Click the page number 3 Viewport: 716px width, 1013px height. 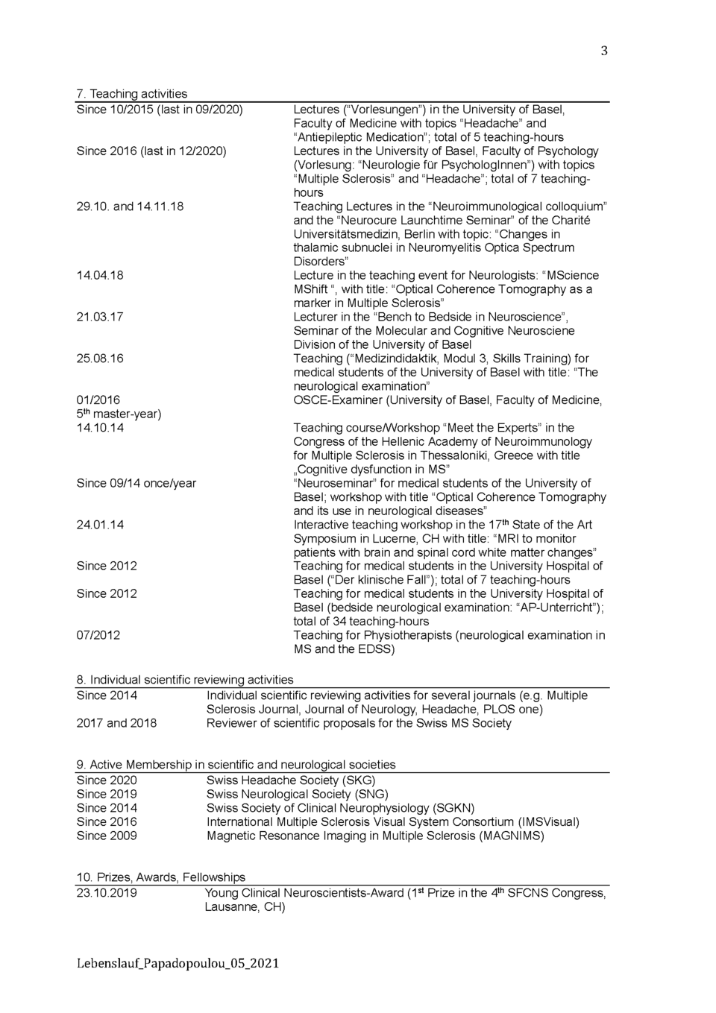pyautogui.click(x=603, y=51)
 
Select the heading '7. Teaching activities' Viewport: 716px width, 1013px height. pyautogui.click(x=131, y=94)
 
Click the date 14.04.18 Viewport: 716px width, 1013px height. pyautogui.click(x=100, y=275)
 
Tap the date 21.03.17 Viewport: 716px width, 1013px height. pyautogui.click(x=100, y=317)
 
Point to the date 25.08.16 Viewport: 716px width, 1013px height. pyautogui.click(x=100, y=359)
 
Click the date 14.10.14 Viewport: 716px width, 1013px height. pyautogui.click(x=100, y=428)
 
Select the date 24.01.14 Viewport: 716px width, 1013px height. pyautogui.click(x=100, y=525)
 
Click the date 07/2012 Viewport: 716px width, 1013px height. pyautogui.click(x=98, y=635)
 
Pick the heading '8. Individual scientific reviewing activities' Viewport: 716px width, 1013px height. pyautogui.click(x=184, y=680)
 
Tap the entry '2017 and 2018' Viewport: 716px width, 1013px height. pyautogui.click(x=116, y=723)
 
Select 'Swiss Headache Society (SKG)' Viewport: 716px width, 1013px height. pyautogui.click(x=291, y=780)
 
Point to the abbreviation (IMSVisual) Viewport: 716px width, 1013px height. pyautogui.click(x=548, y=822)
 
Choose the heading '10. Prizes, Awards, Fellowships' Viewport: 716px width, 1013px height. pyautogui.click(x=160, y=877)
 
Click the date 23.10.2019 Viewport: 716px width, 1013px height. pyautogui.click(x=107, y=893)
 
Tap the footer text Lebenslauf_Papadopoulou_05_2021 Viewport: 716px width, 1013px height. pyautogui.click(x=178, y=963)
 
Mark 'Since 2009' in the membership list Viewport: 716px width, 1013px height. pyautogui.click(x=107, y=836)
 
